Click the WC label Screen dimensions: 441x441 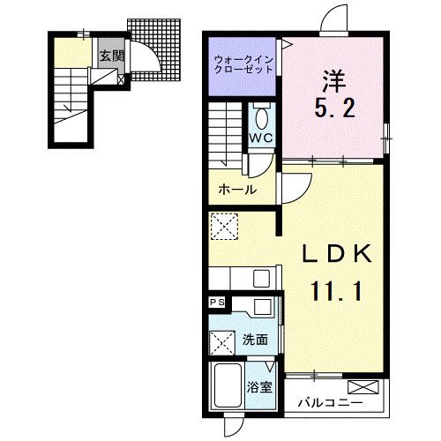tap(261, 138)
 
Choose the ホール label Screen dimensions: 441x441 tap(237, 190)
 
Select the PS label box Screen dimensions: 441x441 tap(216, 303)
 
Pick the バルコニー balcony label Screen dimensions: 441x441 tap(330, 402)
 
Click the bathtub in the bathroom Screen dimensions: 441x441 tap(228, 388)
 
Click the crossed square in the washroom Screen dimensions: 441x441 tap(221, 340)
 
